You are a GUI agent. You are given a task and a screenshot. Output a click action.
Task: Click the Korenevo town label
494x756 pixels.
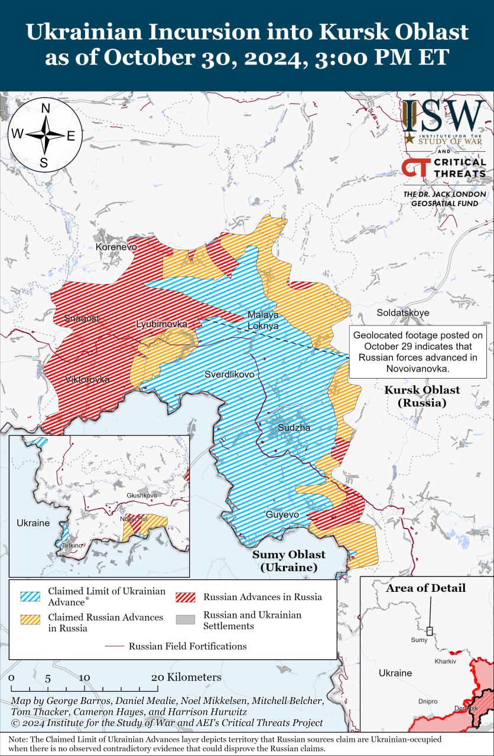point(116,246)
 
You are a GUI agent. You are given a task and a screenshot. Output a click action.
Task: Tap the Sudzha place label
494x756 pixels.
point(294,428)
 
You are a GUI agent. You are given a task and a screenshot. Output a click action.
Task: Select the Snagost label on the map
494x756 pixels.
point(82,318)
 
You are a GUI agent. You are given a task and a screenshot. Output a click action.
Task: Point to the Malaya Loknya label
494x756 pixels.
point(263,320)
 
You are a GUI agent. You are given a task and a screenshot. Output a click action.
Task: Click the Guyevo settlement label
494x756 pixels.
point(282,515)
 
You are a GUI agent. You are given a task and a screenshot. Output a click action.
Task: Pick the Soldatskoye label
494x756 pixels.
point(403,312)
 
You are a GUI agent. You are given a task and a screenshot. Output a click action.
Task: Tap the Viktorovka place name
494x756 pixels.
point(87,379)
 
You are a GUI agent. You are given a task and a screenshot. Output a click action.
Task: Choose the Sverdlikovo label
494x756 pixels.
point(229,374)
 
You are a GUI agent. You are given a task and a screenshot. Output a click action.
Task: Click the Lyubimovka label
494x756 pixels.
point(161,324)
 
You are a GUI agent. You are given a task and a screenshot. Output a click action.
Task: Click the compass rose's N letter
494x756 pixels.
point(45,108)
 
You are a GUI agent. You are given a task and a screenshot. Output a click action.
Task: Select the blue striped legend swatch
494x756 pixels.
point(30,596)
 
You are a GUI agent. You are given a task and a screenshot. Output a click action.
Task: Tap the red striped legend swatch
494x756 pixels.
point(185,597)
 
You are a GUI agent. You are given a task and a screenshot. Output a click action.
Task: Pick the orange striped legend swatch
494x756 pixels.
point(30,619)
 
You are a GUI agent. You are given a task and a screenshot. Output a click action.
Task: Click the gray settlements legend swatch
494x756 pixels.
point(185,620)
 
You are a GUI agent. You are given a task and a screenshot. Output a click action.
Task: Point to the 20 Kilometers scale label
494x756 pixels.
point(186,677)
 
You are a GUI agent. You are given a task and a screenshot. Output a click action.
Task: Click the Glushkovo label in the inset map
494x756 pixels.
point(142,495)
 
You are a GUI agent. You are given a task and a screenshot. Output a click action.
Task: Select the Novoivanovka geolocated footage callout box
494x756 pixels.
point(418,351)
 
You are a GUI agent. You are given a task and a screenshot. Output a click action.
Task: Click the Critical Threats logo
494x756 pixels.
point(443,167)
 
